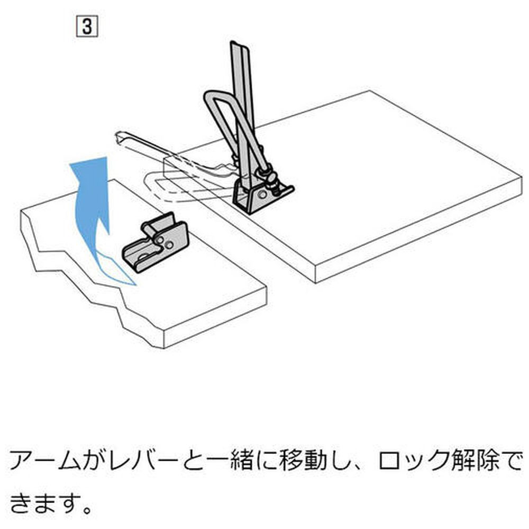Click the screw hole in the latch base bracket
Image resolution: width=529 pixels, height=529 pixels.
click(262, 196)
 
